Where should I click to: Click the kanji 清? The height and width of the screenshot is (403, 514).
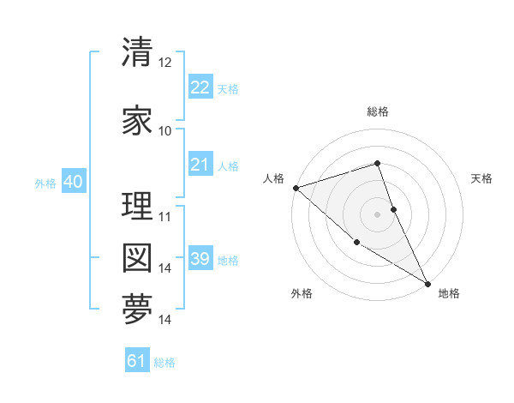(x=137, y=54)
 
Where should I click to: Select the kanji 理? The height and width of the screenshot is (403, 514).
(x=137, y=207)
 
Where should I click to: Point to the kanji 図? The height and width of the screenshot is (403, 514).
(x=137, y=258)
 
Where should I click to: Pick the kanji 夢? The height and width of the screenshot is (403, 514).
(x=137, y=310)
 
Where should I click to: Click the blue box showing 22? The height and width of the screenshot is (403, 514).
(x=200, y=87)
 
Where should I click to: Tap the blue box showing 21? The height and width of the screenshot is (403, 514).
(x=200, y=165)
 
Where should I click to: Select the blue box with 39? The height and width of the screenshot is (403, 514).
(x=200, y=259)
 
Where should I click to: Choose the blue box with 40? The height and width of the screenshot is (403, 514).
(x=73, y=182)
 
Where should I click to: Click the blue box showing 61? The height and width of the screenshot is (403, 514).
(x=137, y=361)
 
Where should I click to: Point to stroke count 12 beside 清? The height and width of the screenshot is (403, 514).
(x=165, y=63)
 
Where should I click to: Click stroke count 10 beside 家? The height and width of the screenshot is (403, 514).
(x=165, y=131)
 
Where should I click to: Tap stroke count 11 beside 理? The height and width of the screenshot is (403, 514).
(x=165, y=216)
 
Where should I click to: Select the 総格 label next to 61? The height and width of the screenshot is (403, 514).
(x=164, y=363)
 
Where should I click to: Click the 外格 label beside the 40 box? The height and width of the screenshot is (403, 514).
(x=45, y=183)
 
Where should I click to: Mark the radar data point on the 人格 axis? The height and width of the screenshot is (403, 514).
(x=296, y=188)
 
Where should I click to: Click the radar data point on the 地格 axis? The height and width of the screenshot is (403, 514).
(x=427, y=283)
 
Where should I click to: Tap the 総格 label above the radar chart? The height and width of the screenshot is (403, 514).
(x=378, y=111)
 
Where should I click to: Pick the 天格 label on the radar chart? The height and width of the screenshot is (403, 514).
(x=482, y=178)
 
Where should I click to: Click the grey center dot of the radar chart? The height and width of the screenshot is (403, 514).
(x=378, y=214)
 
